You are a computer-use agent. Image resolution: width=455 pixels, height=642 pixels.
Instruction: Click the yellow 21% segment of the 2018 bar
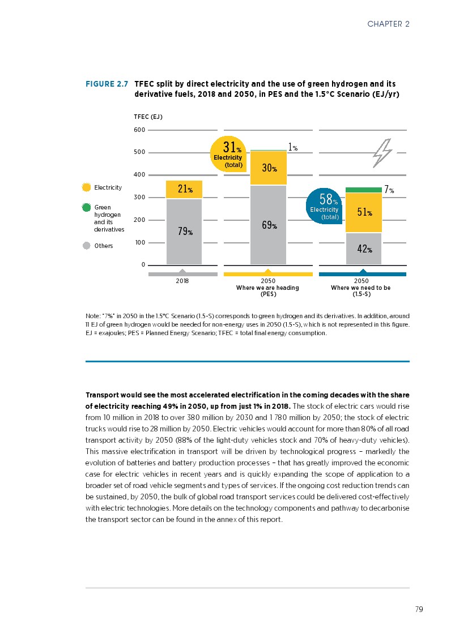click(x=184, y=189)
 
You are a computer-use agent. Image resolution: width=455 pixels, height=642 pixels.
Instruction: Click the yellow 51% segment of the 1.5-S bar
click(x=363, y=212)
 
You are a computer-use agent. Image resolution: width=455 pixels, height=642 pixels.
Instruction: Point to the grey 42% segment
click(x=363, y=249)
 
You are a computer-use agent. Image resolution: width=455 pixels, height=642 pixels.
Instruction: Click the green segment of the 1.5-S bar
click(x=363, y=190)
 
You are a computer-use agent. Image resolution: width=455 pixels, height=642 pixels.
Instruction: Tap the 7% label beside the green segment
click(x=389, y=190)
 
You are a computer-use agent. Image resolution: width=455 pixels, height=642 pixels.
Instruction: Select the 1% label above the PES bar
click(x=292, y=147)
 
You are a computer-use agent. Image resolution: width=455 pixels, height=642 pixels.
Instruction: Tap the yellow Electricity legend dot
click(x=87, y=187)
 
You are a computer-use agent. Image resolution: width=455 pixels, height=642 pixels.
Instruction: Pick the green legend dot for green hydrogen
click(x=87, y=208)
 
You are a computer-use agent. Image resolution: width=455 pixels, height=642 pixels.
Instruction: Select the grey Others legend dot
click(x=87, y=246)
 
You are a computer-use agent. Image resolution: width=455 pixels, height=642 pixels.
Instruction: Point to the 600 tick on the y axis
click(x=139, y=130)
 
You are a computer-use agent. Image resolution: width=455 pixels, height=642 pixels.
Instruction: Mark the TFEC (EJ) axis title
click(x=148, y=117)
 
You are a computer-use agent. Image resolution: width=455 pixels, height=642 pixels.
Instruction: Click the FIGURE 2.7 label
click(x=107, y=84)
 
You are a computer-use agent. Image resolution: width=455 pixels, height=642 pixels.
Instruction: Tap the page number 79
click(x=419, y=609)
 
